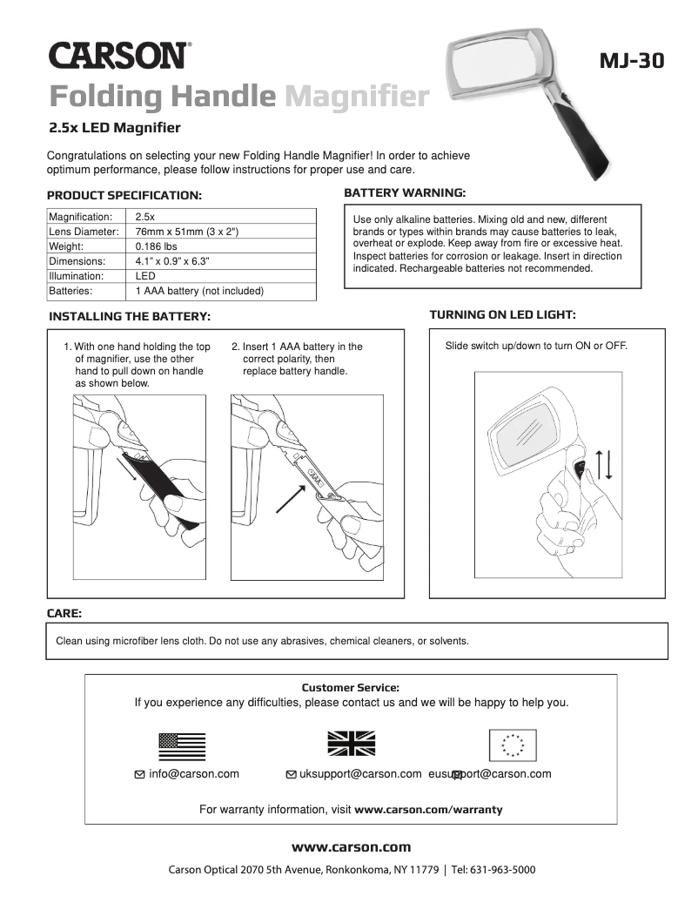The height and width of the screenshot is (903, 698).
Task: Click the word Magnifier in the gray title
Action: pos(357,96)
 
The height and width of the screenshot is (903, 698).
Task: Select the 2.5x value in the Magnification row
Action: pos(145,217)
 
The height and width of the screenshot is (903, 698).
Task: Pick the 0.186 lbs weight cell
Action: pos(157,246)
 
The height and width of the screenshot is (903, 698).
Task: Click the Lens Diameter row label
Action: pos(84,232)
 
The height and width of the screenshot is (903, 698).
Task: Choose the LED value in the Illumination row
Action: pos(145,276)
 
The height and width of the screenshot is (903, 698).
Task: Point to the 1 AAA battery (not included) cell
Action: pos(199,291)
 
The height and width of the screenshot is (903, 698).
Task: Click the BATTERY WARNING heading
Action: pos(405,192)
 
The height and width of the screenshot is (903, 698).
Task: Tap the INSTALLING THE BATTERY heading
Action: pos(130,316)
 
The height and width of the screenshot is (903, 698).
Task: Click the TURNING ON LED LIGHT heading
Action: pos(502,314)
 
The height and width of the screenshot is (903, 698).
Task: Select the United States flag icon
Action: pos(182,746)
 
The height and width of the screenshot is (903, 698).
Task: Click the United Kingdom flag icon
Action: pos(351,743)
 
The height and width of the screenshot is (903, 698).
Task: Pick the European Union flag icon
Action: pos(513,745)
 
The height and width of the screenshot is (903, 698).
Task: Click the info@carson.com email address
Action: pos(193,773)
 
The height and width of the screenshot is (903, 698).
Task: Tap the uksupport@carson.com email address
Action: pos(360,773)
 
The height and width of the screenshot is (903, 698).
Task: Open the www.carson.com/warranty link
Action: pos(428,809)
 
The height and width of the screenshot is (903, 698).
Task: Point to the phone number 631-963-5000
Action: pos(504,870)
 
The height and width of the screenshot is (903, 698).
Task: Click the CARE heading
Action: pos(64,614)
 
